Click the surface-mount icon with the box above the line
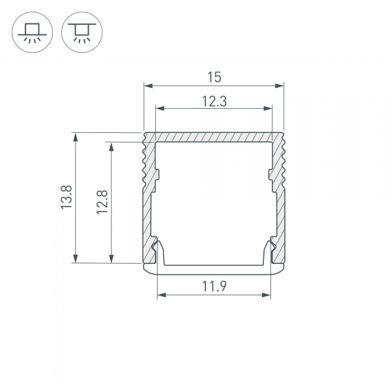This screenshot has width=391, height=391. tap(30, 31)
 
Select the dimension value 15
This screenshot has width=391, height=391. tap(214, 78)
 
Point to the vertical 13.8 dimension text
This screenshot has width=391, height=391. tap(65, 197)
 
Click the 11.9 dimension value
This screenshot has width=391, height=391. tap(214, 285)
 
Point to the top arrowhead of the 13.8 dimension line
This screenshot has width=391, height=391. tap(77, 137)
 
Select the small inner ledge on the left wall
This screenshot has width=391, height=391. tap(156, 175)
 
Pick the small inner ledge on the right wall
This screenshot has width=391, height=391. tap(271, 175)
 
